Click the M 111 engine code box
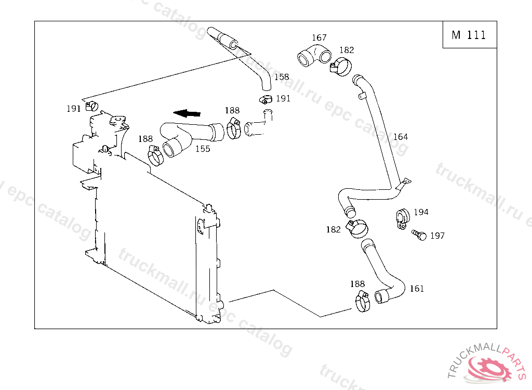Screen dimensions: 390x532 pyautogui.click(x=469, y=35)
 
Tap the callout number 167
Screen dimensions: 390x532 pyautogui.click(x=319, y=37)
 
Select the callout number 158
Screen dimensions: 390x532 pyautogui.click(x=281, y=77)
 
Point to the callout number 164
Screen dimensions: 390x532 pyautogui.click(x=400, y=137)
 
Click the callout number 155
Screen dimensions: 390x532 pyautogui.click(x=203, y=149)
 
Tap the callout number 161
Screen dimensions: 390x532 pyautogui.click(x=417, y=289)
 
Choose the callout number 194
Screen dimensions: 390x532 pyautogui.click(x=421, y=212)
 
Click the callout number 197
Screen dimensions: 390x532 pyautogui.click(x=437, y=236)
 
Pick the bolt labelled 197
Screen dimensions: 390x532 pyautogui.click(x=419, y=235)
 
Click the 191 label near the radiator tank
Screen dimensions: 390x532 pyautogui.click(x=73, y=109)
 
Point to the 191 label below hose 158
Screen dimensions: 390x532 pyautogui.click(x=283, y=99)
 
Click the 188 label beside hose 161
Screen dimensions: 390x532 pyautogui.click(x=357, y=284)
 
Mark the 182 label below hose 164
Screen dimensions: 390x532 pyautogui.click(x=334, y=229)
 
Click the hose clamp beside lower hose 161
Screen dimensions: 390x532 pyautogui.click(x=362, y=301)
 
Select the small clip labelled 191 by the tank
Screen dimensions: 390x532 pyautogui.click(x=92, y=106)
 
